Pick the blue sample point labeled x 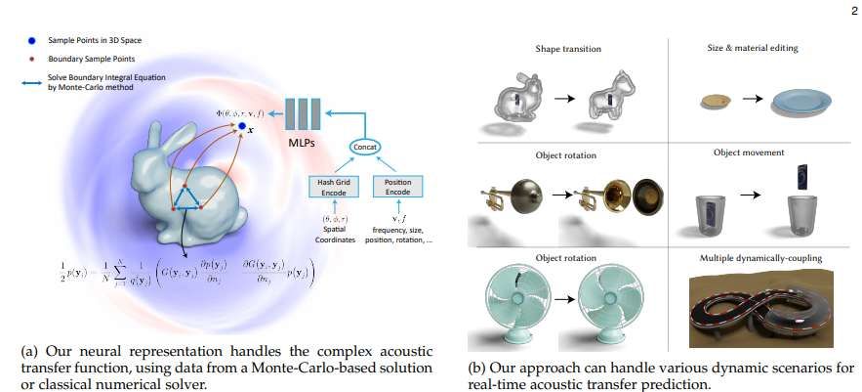(242, 127)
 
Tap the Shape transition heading (568, 49)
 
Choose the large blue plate (801, 100)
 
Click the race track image (759, 303)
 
